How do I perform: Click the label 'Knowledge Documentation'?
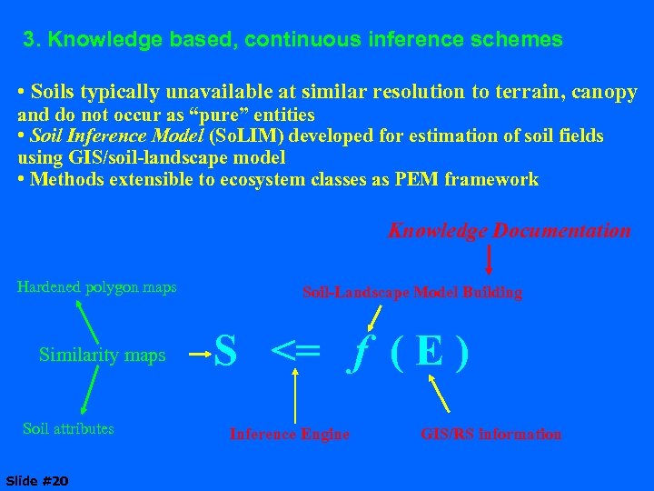(509, 231)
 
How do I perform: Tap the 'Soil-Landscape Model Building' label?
(411, 292)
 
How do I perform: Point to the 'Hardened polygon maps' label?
(97, 287)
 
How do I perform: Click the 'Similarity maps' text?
(103, 355)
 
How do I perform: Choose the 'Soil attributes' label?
(68, 428)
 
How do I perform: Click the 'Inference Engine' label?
(289, 434)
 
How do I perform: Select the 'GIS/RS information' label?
(490, 434)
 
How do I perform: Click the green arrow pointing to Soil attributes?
(90, 393)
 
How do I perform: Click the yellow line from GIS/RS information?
(439, 394)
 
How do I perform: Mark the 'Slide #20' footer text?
(36, 479)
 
